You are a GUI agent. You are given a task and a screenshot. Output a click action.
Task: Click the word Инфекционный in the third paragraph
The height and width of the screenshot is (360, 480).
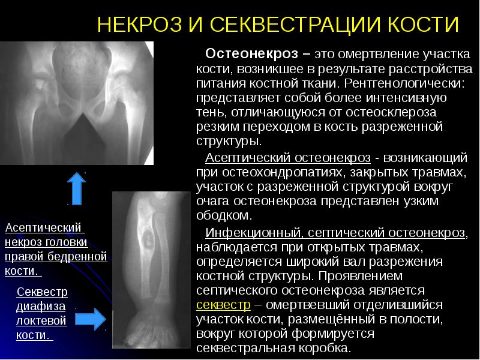(247, 232)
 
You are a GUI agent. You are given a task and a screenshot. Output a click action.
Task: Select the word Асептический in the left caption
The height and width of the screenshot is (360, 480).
(43, 228)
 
